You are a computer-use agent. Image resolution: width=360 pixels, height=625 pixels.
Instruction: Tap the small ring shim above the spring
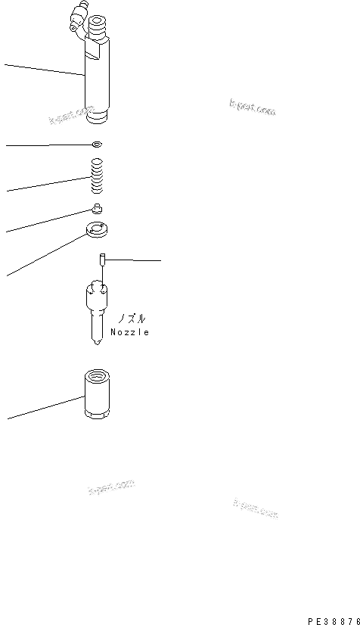tap(95, 144)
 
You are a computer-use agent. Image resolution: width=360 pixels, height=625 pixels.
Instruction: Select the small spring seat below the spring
tap(97, 209)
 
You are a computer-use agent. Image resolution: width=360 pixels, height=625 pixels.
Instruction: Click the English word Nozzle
tap(129, 332)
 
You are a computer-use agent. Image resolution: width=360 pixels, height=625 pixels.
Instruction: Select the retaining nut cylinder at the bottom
tap(98, 398)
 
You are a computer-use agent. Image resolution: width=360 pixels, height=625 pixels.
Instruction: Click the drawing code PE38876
tap(333, 618)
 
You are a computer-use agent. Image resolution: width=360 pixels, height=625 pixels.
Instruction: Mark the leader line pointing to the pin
tap(136, 260)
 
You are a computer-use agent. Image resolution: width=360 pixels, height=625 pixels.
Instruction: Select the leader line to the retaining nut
tap(45, 406)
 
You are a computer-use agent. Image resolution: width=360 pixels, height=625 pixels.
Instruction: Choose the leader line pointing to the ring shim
tap(45, 145)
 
